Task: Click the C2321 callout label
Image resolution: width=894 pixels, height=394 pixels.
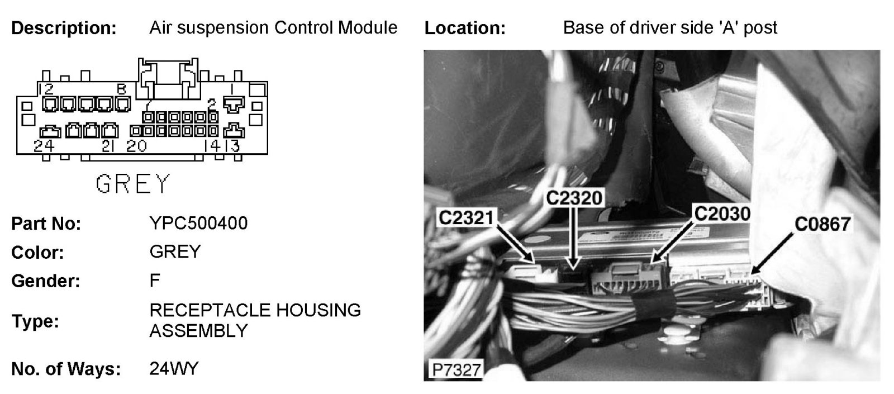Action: [467, 217]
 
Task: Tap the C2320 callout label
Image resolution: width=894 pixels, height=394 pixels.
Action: [574, 197]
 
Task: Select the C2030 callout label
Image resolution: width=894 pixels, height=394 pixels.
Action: [721, 213]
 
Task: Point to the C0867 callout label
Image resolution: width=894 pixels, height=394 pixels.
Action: [822, 224]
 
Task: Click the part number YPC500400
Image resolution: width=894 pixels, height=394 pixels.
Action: [198, 224]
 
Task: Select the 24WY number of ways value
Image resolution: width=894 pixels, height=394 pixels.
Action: [174, 369]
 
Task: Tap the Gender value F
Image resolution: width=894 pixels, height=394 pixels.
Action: [155, 280]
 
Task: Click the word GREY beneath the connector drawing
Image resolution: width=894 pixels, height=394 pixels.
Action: [132, 183]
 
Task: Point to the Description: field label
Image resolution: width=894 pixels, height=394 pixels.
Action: [64, 28]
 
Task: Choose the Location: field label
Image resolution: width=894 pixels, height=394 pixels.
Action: [465, 28]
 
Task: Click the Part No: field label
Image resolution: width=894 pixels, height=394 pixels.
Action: [46, 224]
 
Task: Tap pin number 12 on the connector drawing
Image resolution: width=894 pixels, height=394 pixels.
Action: [46, 88]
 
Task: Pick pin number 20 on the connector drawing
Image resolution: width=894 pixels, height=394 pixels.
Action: [136, 146]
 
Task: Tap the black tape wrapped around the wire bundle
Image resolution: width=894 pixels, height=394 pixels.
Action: [652, 306]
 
